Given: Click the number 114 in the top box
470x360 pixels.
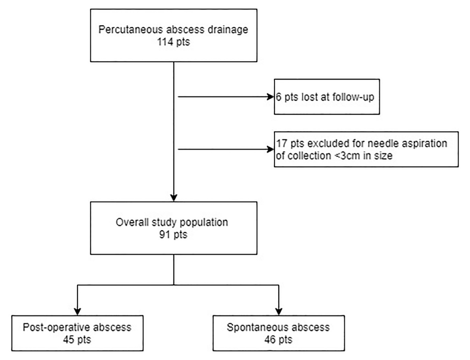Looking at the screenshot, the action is (165, 42).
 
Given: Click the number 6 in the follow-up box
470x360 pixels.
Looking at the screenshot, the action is (279, 97).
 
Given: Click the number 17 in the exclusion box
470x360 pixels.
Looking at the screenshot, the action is (282, 143).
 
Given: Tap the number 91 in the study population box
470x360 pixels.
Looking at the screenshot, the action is (165, 235).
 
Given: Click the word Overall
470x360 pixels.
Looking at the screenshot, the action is (132, 222).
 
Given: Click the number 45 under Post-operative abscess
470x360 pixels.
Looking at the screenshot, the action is (69, 340).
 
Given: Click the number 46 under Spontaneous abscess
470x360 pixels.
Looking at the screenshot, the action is (270, 340).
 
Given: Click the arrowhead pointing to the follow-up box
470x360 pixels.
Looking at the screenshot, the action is (271, 97).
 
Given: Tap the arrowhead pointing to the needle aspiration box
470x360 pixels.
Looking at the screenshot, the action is (271, 149).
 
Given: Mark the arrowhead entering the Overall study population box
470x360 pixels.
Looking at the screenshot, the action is (174, 198).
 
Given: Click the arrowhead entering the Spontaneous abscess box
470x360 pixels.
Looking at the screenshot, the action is (279, 312).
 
